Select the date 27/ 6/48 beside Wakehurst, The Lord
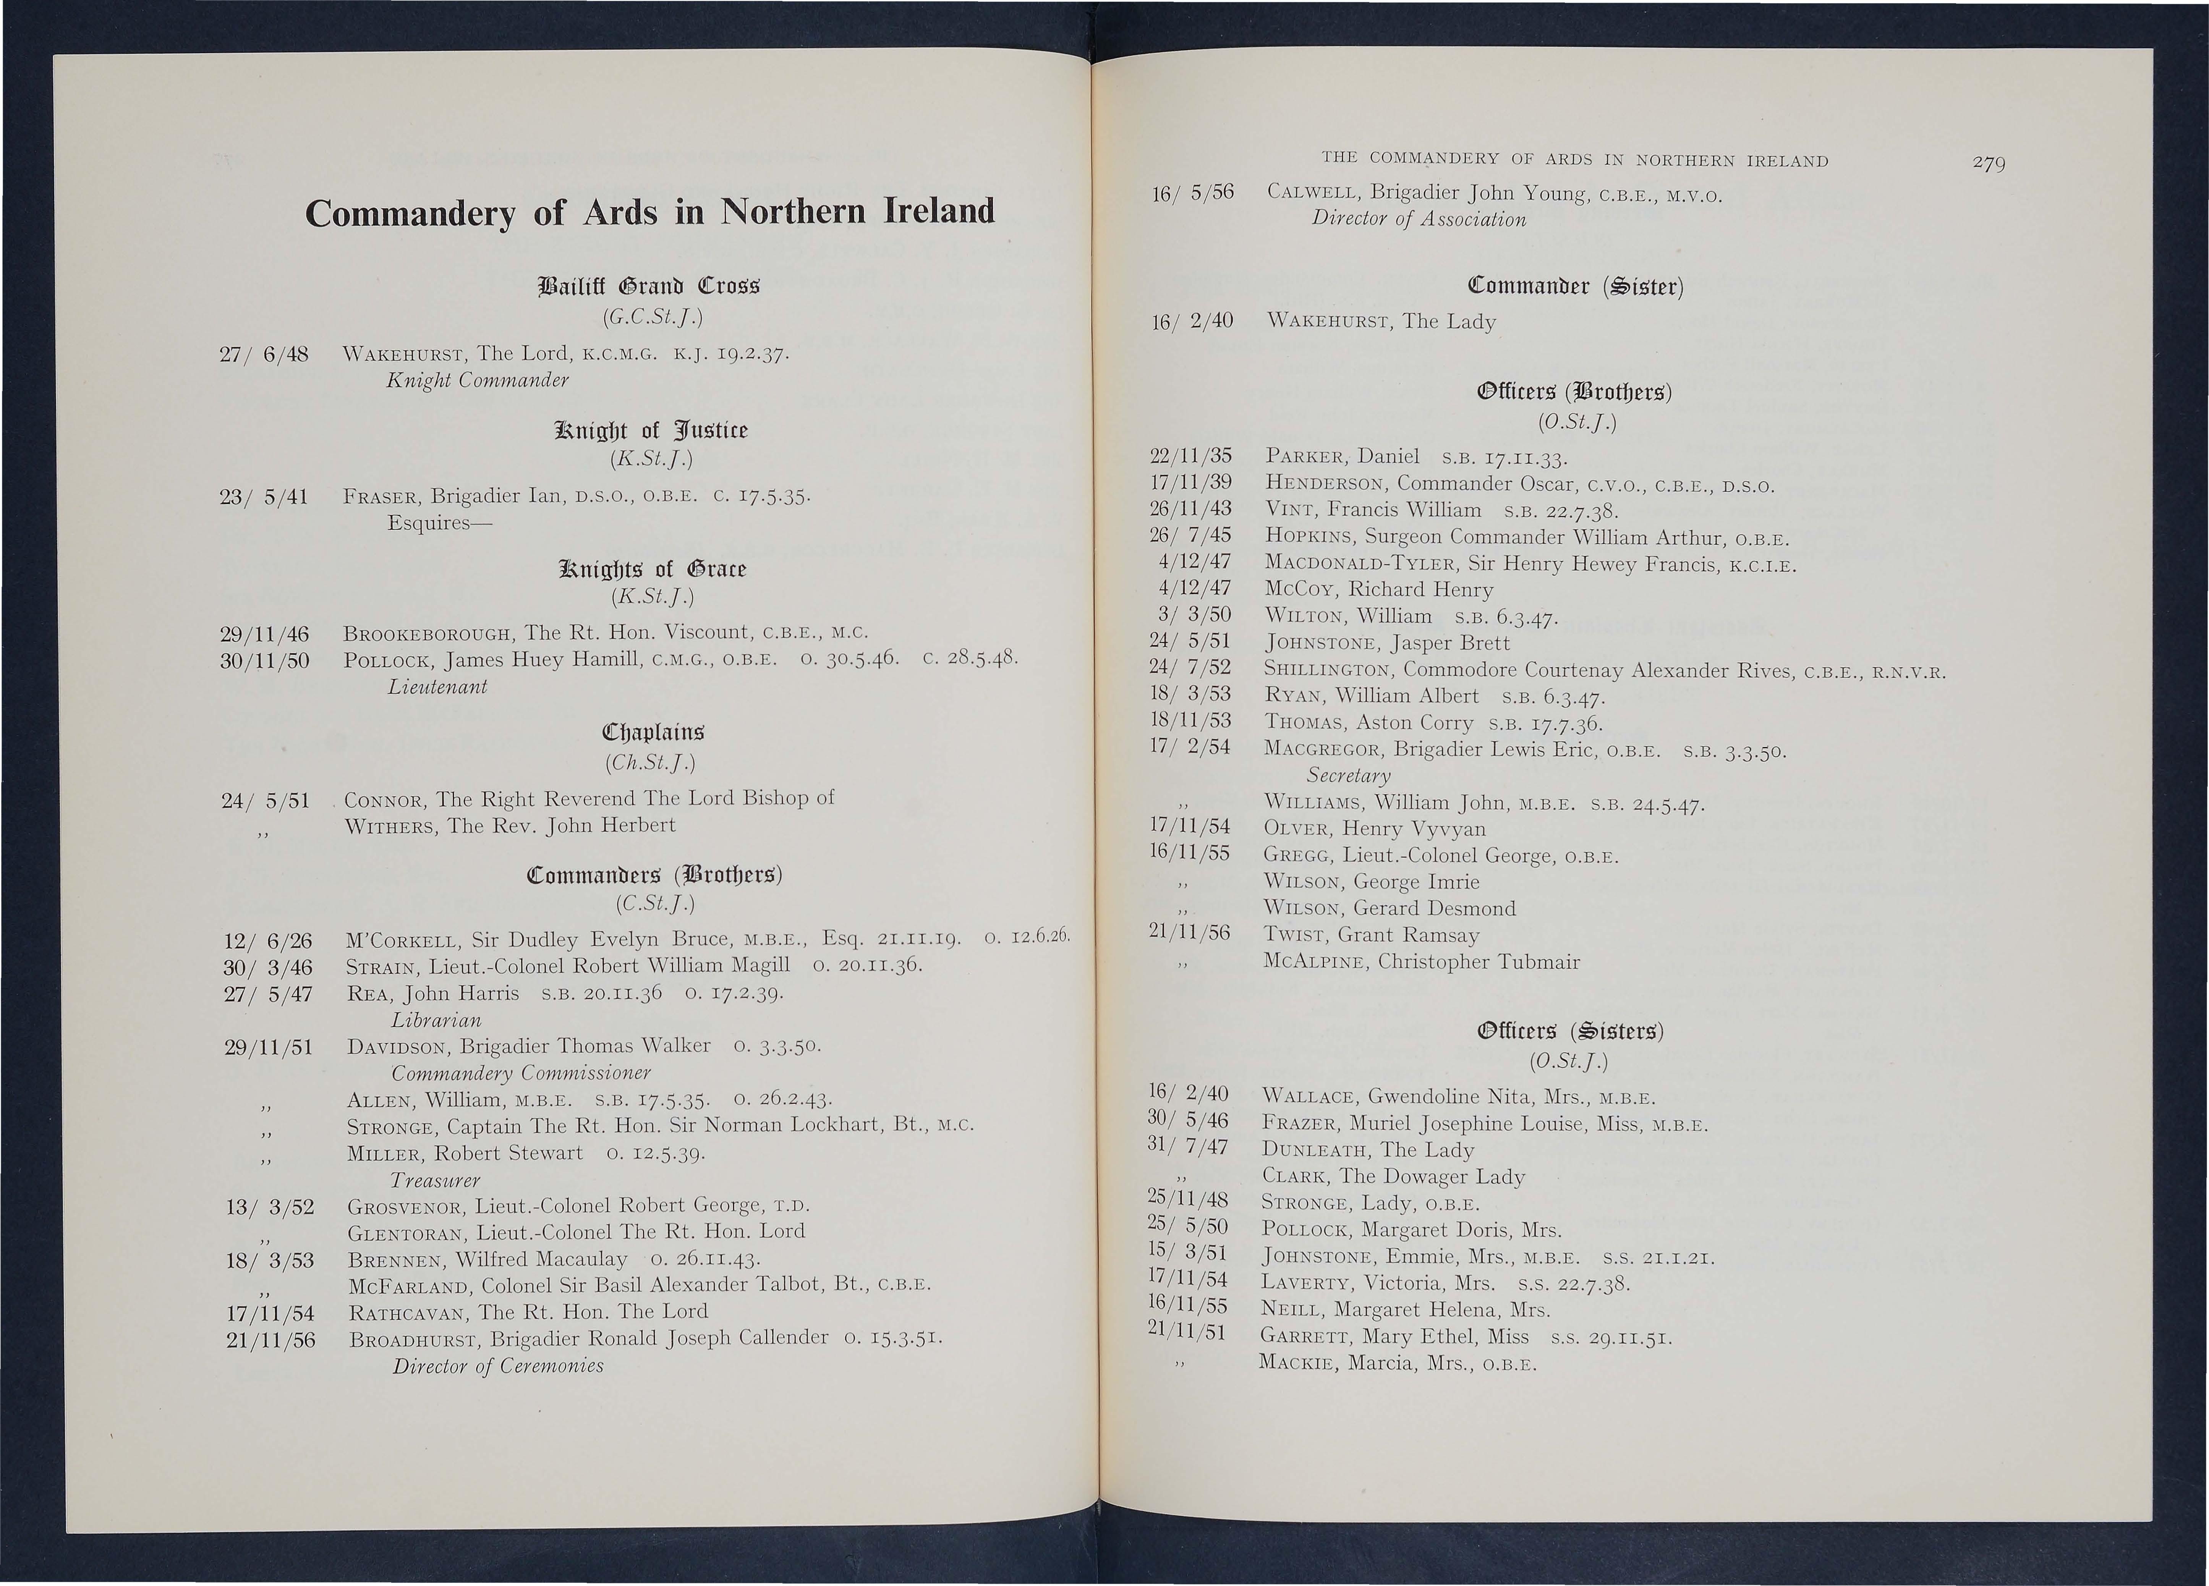[265, 353]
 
